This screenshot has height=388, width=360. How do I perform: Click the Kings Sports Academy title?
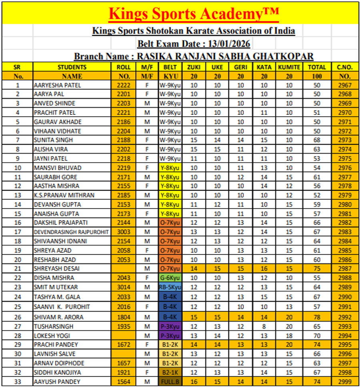point(194,14)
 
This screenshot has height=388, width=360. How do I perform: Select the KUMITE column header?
point(289,67)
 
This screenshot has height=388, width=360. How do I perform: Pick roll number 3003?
point(123,232)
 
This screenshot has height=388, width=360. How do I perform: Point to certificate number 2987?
point(344,269)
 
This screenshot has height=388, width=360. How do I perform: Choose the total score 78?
point(317,318)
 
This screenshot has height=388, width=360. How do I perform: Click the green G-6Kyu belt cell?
point(170,278)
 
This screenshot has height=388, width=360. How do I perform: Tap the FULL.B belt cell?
point(170,382)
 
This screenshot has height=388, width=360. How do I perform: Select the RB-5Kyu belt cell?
point(170,287)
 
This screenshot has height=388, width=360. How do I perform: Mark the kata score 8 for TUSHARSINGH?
point(264,327)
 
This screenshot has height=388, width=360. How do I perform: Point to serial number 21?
point(17,269)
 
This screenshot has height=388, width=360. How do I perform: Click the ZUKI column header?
point(194,67)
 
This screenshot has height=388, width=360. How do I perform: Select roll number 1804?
point(123,318)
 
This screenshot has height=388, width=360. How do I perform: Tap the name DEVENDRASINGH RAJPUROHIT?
point(71,232)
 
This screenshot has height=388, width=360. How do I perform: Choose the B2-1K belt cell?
point(170,372)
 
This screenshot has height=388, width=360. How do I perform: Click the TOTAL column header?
point(317,67)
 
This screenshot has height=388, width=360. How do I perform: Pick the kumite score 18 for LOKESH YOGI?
point(289,336)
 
